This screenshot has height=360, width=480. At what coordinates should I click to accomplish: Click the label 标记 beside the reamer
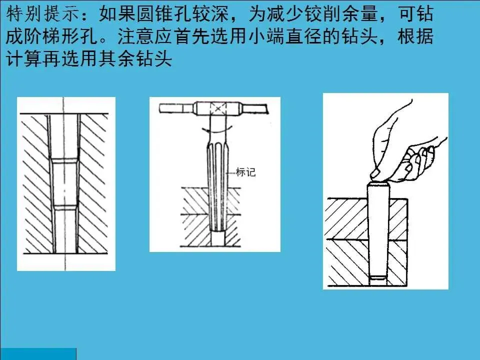245,172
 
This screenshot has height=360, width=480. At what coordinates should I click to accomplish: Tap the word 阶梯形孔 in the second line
60,36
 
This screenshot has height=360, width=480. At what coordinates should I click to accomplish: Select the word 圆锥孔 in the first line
164,14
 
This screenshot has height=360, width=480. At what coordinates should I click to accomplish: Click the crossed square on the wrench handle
218,109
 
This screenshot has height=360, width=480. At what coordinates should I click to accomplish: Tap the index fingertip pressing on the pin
375,175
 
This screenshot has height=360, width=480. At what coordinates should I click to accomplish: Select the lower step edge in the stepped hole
64,207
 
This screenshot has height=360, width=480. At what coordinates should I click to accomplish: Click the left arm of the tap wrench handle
176,108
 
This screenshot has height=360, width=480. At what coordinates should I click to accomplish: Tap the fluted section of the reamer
217,186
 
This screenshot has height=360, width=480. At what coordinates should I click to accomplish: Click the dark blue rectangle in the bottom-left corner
38,354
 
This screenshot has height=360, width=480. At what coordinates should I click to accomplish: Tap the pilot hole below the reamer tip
217,238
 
